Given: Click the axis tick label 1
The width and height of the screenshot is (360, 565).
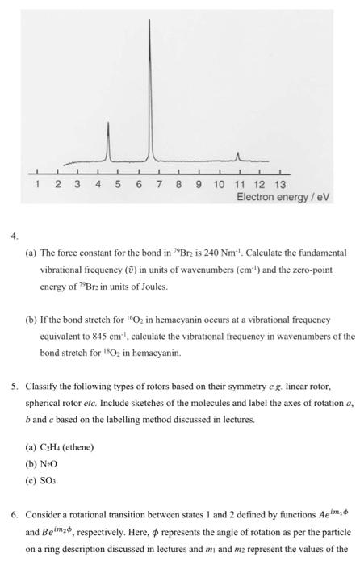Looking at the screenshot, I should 37,186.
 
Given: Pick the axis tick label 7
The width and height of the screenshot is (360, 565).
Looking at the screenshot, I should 158,186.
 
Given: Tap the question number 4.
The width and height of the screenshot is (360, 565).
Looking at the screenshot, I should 14,236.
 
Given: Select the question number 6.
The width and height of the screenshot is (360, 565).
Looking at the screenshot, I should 14,513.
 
